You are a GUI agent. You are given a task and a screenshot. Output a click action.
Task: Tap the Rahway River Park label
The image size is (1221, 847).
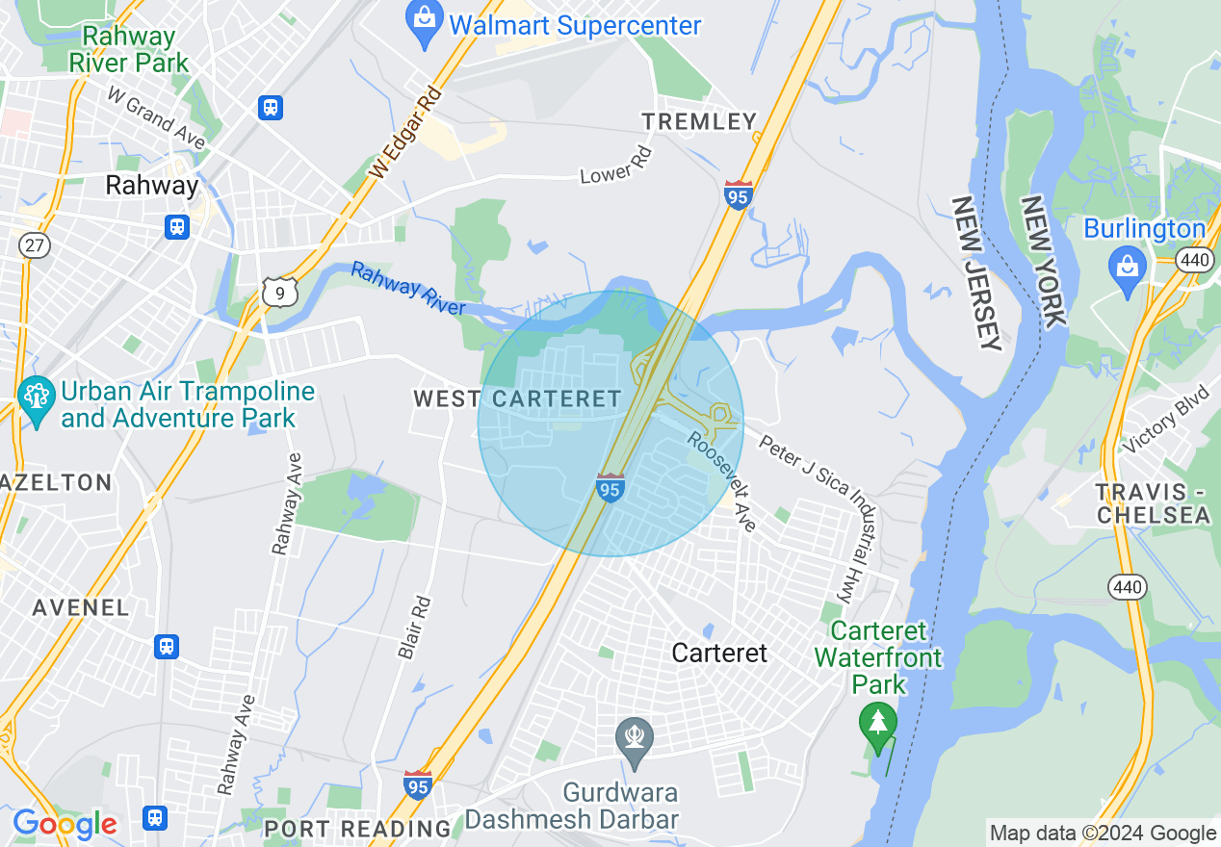(129, 50)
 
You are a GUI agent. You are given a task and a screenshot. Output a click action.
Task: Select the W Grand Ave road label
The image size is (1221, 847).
(156, 118)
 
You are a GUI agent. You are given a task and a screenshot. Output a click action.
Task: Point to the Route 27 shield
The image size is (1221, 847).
(35, 244)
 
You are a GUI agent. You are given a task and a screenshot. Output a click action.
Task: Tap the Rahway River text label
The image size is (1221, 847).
(407, 289)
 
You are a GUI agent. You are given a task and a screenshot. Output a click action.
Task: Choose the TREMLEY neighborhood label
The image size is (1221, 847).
(700, 121)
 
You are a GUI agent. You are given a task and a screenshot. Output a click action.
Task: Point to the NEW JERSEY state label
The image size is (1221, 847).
(976, 273)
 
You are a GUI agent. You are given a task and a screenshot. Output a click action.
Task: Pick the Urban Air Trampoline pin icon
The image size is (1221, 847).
(37, 401)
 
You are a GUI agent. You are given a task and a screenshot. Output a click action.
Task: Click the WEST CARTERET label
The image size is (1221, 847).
(517, 398)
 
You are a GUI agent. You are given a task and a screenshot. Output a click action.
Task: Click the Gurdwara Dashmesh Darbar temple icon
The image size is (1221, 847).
(635, 741)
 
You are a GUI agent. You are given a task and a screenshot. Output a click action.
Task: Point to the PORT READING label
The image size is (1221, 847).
(357, 828)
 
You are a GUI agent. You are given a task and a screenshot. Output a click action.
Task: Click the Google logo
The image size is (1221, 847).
(65, 824)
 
